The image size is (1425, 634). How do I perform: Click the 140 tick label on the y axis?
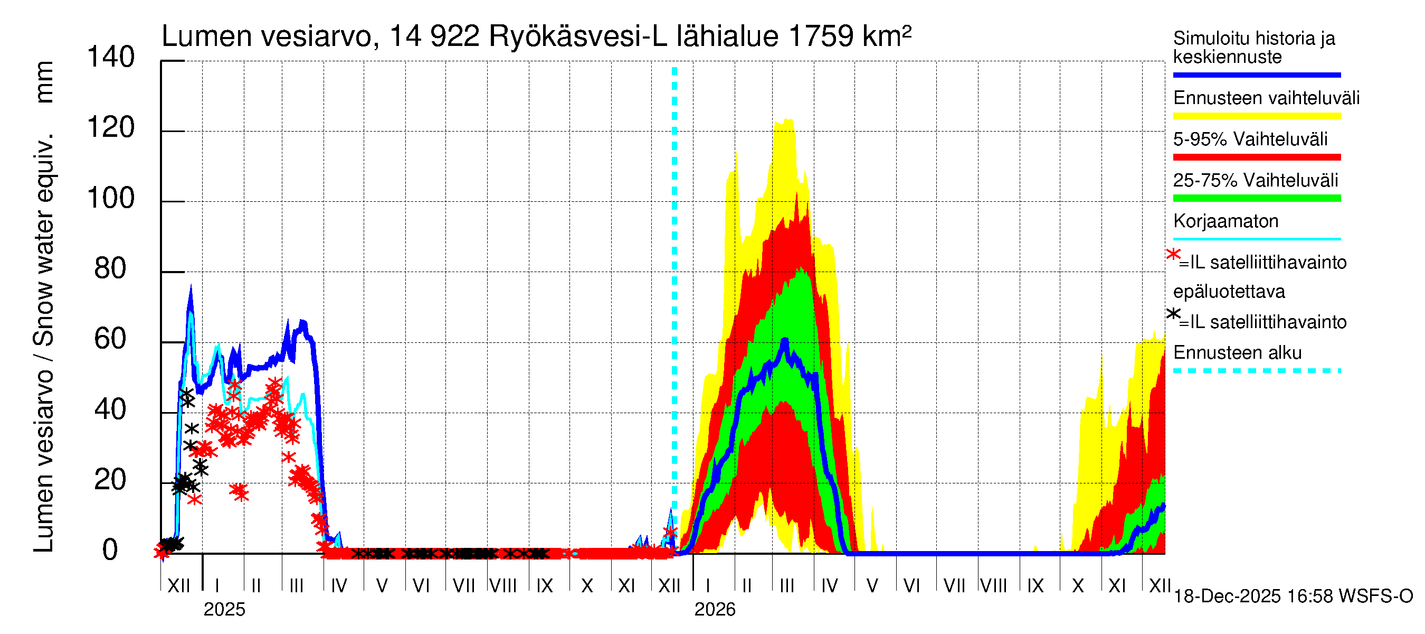pos(111,58)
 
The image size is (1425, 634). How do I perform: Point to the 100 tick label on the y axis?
pos(111,199)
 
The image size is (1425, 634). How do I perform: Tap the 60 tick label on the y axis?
pos(111,339)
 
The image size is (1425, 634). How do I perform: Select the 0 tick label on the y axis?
pos(111,551)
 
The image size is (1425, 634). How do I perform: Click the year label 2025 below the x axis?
pos(224,610)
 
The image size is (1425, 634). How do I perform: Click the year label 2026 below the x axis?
pos(715,610)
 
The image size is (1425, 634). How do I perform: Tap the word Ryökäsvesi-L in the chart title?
pos(578,36)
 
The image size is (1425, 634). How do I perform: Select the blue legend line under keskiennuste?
pos(1256,74)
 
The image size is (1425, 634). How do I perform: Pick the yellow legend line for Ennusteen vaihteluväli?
pos(1256,116)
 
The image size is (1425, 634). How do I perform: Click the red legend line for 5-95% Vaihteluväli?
pos(1256,157)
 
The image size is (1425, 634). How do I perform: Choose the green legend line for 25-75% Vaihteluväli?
pos(1256,198)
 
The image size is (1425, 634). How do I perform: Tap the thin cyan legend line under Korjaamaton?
pos(1256,239)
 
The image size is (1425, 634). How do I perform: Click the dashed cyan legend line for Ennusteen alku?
pos(1256,370)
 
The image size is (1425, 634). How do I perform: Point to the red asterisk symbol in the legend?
pos(1173,255)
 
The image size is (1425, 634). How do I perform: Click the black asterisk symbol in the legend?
pos(1173,314)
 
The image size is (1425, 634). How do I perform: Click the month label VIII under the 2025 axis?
pos(503,586)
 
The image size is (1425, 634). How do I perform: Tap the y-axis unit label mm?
pos(44,82)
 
